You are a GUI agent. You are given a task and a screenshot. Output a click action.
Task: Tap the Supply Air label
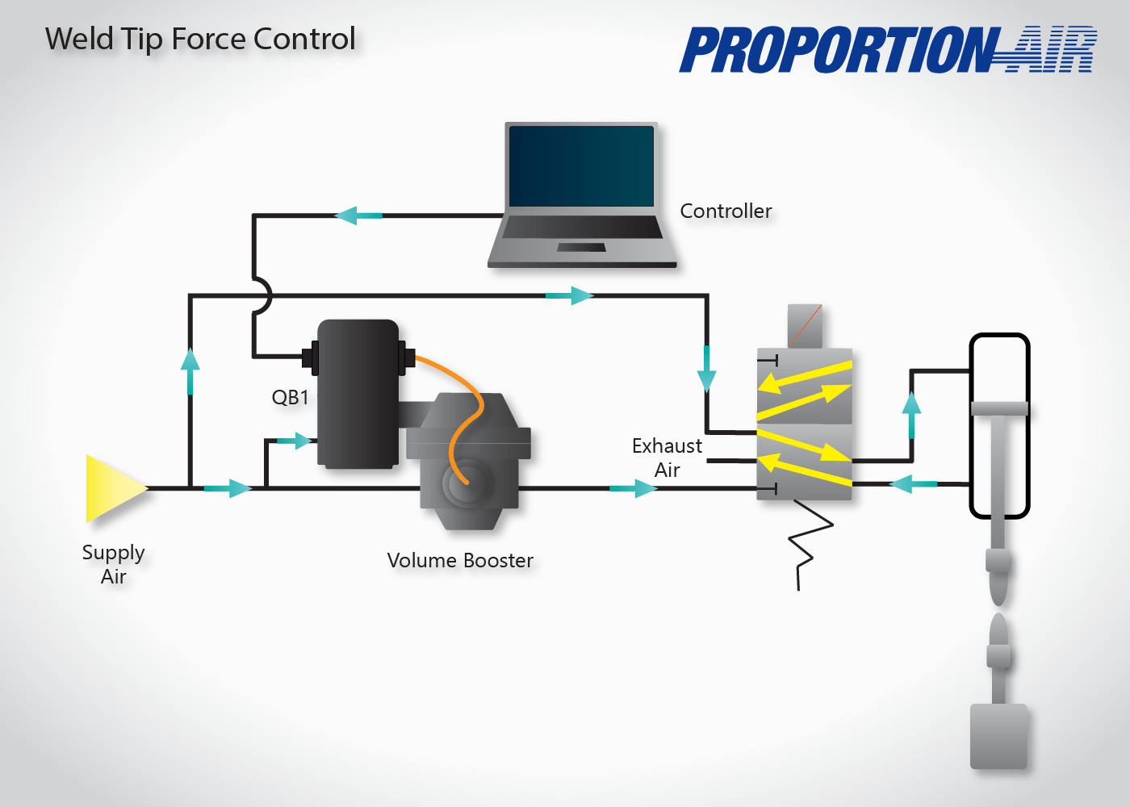tap(114, 564)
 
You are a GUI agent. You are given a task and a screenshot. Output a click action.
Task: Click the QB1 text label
tap(290, 397)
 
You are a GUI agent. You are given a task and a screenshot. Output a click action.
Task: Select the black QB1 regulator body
tap(358, 393)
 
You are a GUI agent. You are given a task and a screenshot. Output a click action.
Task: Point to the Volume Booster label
tap(460, 560)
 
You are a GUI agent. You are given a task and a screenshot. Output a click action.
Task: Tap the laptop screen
tap(581, 166)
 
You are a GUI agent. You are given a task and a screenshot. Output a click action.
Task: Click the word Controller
tap(726, 211)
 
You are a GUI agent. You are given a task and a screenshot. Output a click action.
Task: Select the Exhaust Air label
tap(668, 458)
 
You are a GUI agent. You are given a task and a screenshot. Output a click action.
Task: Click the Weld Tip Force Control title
tap(200, 39)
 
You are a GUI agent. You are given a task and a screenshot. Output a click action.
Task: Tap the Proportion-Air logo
tap(888, 50)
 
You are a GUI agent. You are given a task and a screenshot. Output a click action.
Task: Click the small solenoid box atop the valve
tap(805, 326)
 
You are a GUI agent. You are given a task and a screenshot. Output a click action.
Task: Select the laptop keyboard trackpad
tap(581, 247)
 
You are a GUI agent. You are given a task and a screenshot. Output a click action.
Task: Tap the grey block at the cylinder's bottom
tap(998, 736)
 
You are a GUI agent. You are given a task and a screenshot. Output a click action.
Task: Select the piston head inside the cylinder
tap(999, 408)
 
